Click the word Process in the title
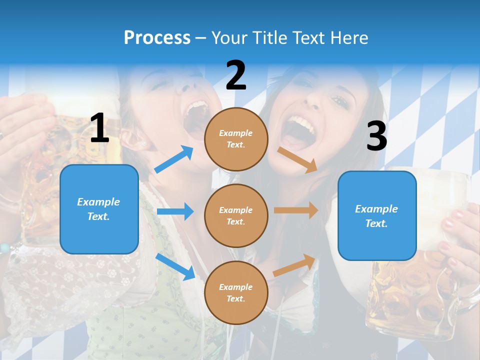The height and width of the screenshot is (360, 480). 157,37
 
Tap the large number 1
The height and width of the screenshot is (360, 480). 99,128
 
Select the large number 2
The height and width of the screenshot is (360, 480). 236,75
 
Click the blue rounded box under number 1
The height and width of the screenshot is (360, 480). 99,209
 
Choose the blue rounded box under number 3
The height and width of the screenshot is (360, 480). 377,216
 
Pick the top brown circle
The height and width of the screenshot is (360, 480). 236,139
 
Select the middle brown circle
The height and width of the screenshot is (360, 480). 236,215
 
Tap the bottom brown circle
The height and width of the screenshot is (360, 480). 236,292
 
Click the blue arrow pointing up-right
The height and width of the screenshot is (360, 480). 174,159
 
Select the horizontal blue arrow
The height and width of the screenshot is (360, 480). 175,211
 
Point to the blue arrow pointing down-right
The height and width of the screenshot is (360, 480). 175,266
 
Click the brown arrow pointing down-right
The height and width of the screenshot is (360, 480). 297,159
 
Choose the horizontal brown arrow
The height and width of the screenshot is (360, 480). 296,210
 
